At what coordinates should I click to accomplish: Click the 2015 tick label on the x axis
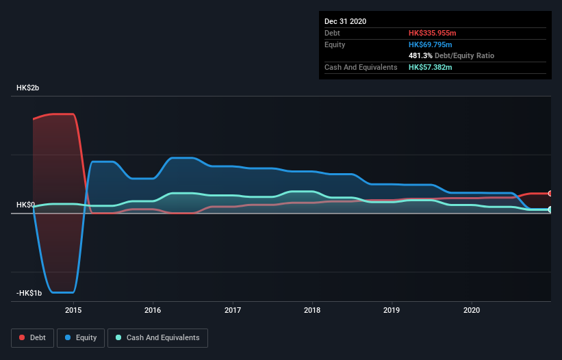[x=73, y=310]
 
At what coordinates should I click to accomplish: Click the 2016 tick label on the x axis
[x=153, y=310]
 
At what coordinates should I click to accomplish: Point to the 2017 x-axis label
[x=233, y=310]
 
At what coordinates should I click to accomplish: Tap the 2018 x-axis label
[x=312, y=310]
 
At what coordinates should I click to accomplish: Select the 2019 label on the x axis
[x=392, y=310]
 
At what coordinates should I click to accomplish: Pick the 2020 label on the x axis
[x=472, y=310]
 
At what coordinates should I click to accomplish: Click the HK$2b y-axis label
[x=29, y=88]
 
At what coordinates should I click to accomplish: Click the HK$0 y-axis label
[x=26, y=205]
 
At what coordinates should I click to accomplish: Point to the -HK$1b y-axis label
[x=29, y=293]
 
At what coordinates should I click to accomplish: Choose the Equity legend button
[x=81, y=337]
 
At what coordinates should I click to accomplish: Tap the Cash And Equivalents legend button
[x=157, y=337]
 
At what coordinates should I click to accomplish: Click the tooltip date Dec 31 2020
[x=345, y=21]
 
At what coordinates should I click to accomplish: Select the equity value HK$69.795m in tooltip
[x=431, y=44]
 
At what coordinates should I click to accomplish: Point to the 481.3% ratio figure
[x=420, y=55]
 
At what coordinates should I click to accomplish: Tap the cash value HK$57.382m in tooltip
[x=431, y=67]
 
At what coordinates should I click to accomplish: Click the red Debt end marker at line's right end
[x=550, y=194]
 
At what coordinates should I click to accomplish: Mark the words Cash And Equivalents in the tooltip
[x=361, y=67]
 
